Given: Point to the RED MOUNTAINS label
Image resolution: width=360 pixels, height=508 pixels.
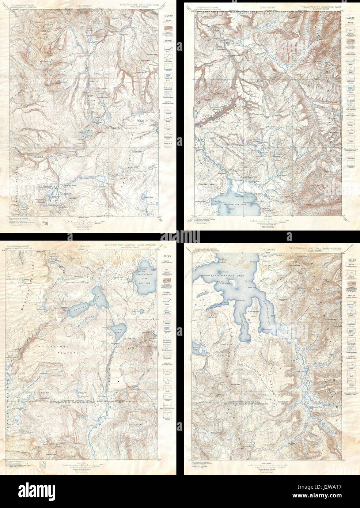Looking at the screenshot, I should click(139, 343).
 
